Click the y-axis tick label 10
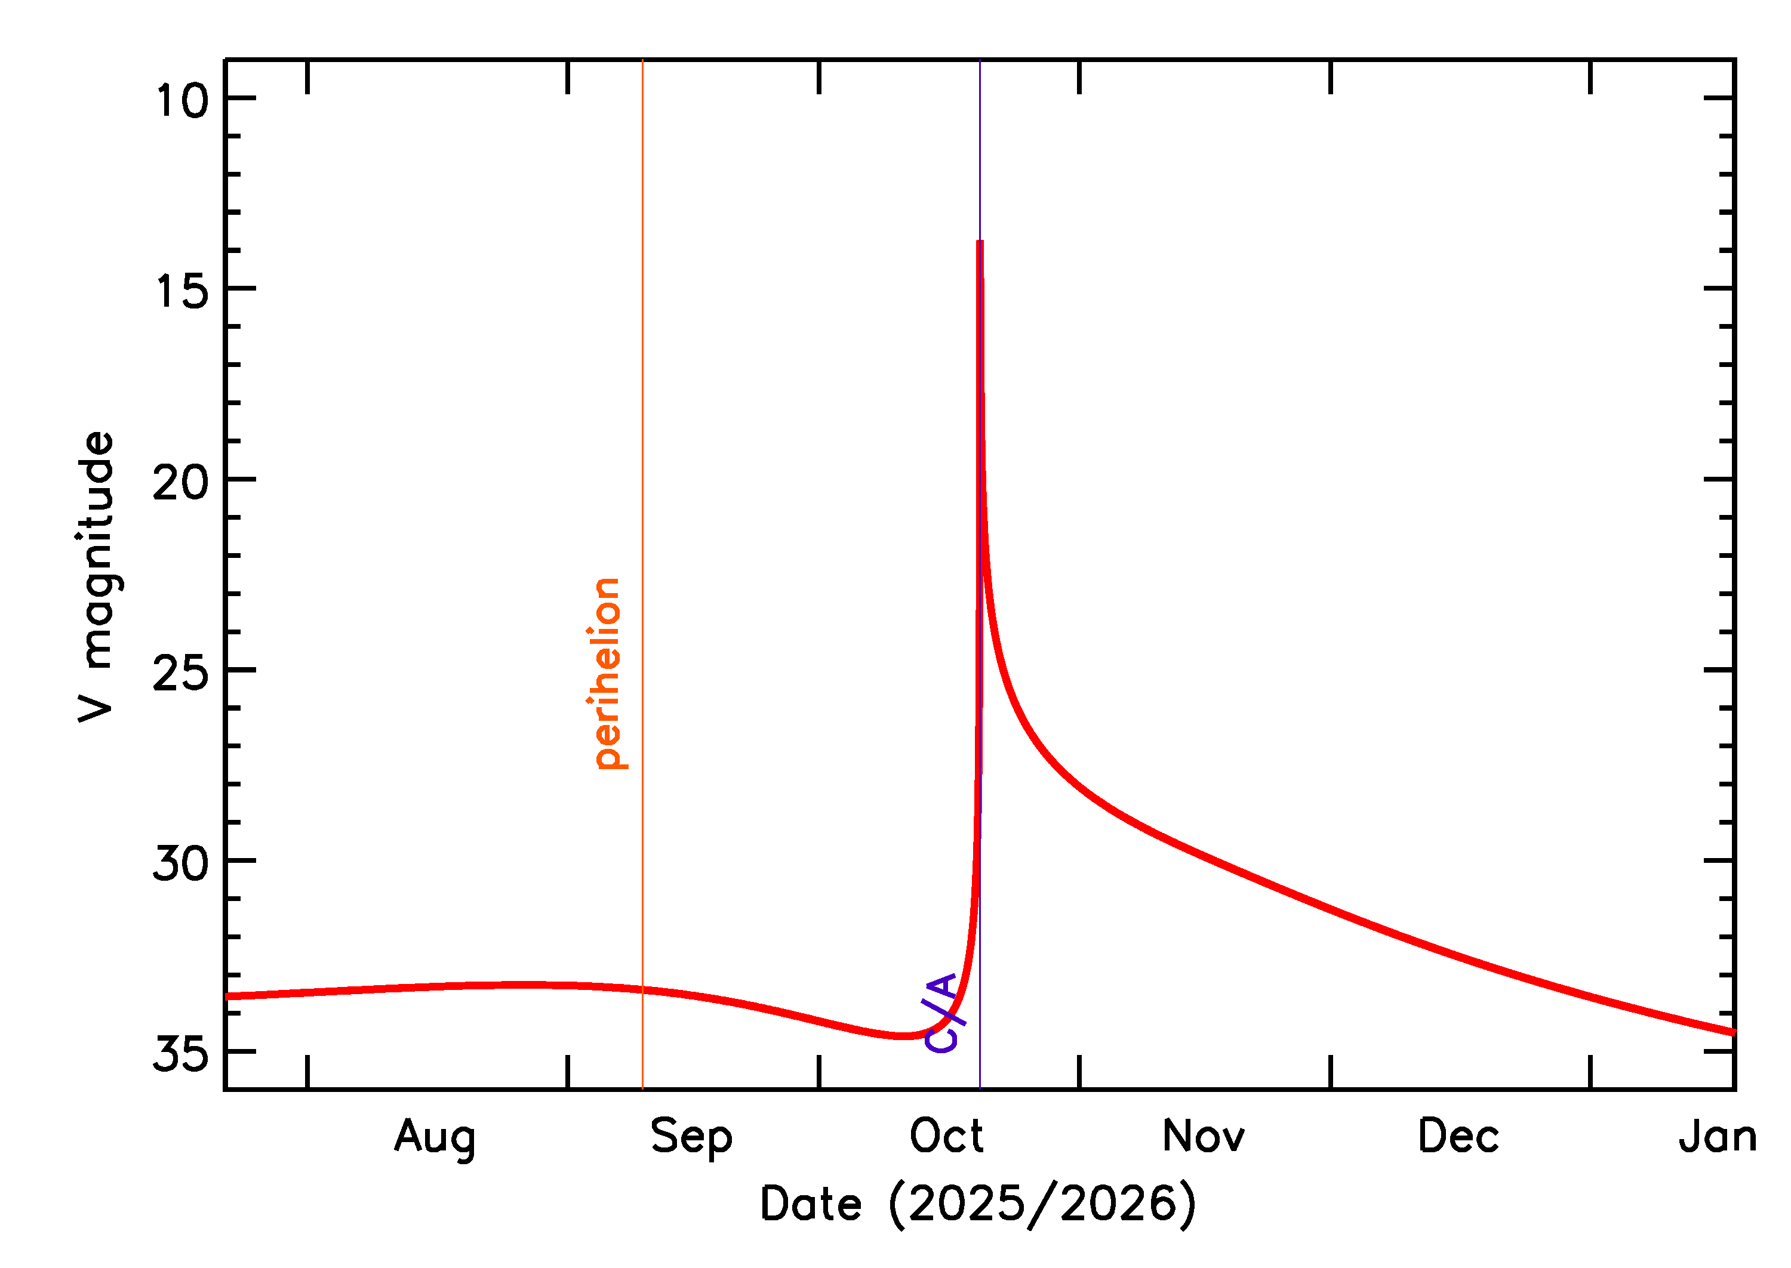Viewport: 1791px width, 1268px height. (x=182, y=101)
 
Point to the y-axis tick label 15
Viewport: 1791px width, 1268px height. (x=182, y=291)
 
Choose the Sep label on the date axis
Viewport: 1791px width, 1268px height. (x=691, y=1137)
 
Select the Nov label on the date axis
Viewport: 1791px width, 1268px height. (x=1203, y=1136)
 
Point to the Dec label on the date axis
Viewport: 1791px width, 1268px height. (x=1458, y=1136)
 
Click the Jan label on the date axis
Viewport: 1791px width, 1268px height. (x=1718, y=1136)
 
